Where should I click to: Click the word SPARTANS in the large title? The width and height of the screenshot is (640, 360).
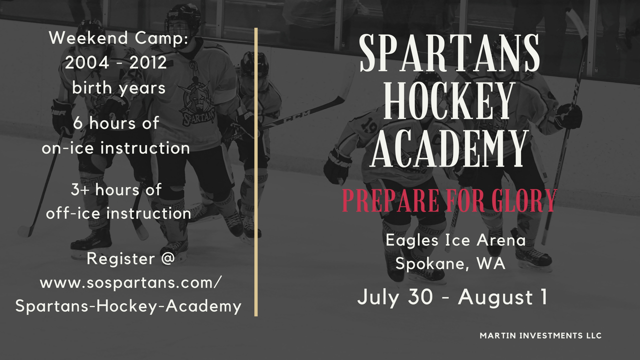449,53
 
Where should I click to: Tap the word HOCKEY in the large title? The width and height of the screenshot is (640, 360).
448,100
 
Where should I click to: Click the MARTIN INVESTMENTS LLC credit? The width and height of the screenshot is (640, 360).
540,335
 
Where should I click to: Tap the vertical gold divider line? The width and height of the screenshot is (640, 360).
256,172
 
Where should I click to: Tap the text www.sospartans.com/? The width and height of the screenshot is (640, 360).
130,283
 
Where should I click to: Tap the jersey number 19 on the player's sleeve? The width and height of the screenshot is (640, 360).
368,125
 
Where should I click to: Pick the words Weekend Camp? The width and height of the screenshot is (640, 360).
119,37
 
